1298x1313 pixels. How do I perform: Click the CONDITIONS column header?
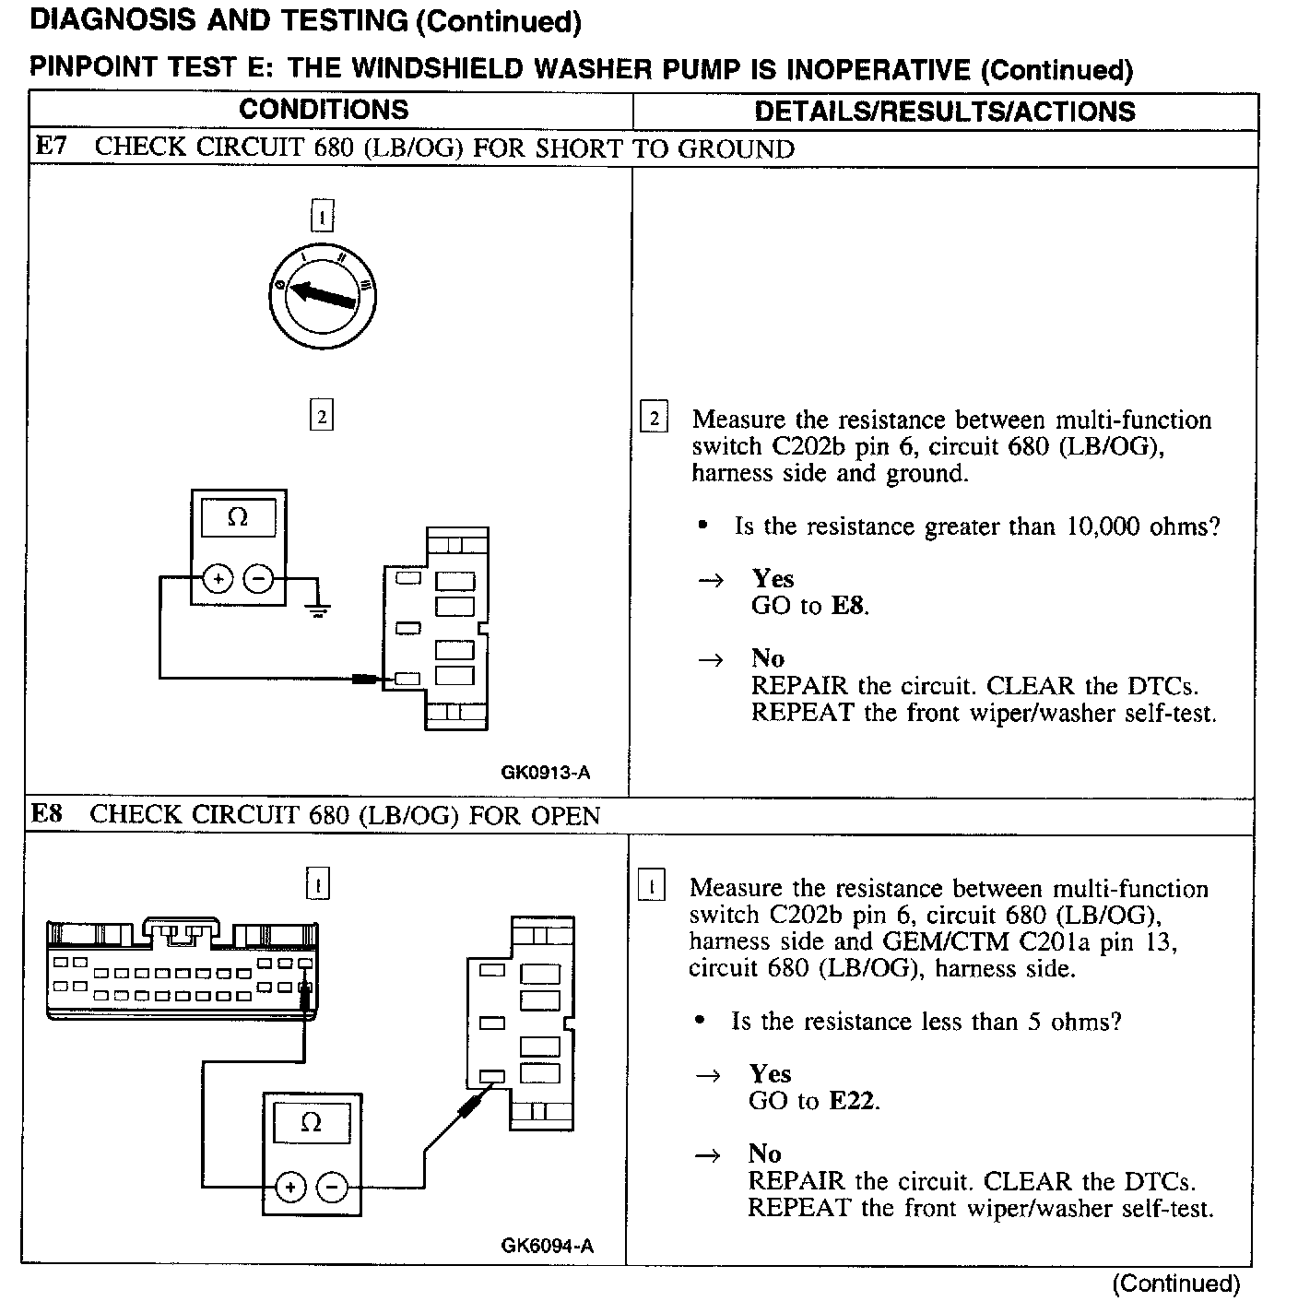324,110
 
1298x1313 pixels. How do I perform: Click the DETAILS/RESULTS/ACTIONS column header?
944,112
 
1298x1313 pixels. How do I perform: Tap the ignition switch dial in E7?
322,295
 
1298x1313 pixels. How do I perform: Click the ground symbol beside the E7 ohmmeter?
318,609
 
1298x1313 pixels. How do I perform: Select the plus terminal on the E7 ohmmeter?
218,579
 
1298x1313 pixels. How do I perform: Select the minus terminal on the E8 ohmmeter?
332,1186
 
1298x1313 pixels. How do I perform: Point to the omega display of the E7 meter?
238,518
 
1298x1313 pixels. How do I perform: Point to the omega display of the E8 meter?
312,1123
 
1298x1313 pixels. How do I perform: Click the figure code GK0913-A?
545,773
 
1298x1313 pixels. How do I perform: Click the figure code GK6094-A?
548,1247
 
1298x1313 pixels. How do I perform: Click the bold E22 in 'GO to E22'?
853,1100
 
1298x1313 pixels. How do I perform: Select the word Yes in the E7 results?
773,578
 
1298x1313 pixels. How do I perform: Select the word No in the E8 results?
764,1153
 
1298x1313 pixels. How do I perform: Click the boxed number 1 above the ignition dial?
321,218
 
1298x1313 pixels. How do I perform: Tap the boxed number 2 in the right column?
654,419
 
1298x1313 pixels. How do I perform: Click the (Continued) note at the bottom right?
1175,1283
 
